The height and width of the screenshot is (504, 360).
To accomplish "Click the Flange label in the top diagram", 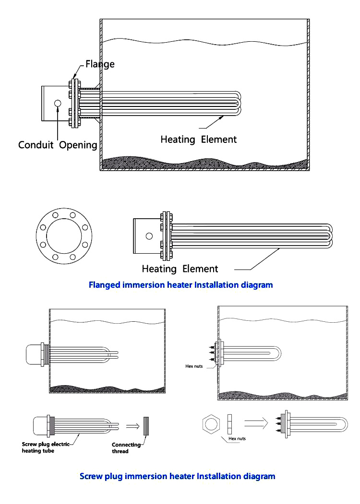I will coord(100,64).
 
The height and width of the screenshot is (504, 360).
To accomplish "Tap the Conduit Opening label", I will coord(58,144).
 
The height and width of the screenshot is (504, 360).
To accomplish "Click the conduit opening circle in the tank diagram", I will coord(58,103).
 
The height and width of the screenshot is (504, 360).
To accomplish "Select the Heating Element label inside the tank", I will coord(198,140).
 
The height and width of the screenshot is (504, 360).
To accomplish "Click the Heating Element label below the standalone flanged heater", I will coord(180,269).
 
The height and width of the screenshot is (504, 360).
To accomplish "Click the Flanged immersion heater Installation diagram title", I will coord(180,285).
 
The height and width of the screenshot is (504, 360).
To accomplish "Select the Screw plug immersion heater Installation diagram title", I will coord(177,476).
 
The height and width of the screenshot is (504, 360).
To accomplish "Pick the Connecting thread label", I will coord(126,448).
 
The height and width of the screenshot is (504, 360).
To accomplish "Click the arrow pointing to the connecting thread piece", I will coord(133,424).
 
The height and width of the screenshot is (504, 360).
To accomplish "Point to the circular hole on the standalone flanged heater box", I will coord(149,236).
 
